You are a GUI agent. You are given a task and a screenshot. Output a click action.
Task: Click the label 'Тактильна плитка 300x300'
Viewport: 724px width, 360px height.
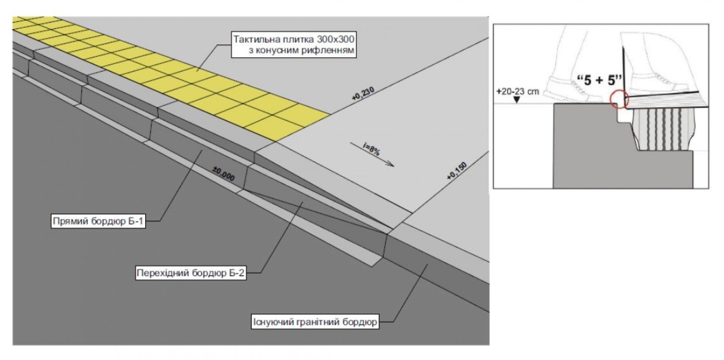click(294, 44)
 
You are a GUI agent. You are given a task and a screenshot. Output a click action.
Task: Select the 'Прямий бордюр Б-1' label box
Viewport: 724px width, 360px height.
click(98, 221)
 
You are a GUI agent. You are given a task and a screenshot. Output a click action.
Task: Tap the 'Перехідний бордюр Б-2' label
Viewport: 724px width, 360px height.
click(191, 273)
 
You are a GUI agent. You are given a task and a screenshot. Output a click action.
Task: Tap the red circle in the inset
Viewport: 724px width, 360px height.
click(618, 99)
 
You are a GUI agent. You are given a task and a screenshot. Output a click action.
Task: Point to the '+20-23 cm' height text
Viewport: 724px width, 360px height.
click(517, 91)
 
